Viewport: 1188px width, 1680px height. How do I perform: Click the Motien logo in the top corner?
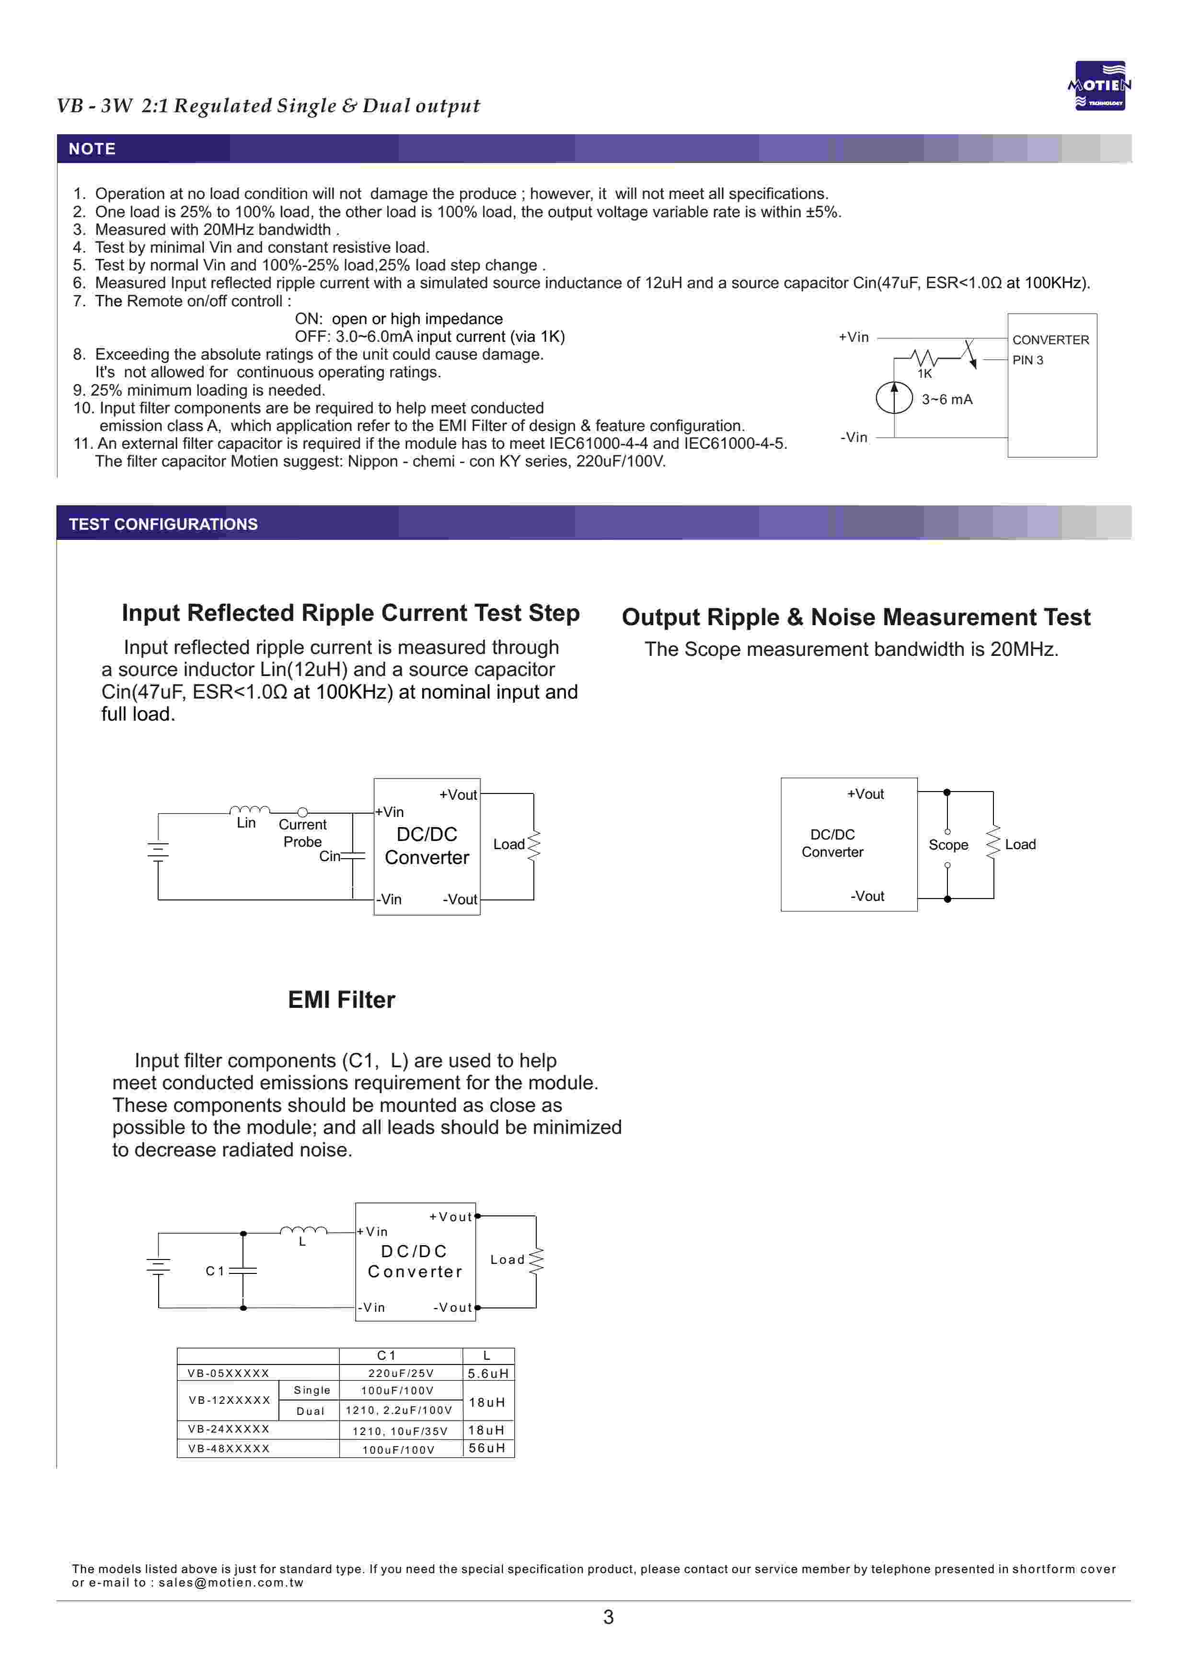click(x=1099, y=86)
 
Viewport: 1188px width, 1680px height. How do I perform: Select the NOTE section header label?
click(x=92, y=149)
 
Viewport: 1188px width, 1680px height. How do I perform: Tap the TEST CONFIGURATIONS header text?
click(x=163, y=524)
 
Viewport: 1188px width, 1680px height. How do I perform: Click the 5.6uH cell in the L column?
click(x=488, y=1374)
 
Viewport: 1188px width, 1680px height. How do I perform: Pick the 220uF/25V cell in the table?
click(x=401, y=1374)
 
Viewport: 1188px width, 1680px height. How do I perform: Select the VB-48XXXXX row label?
click(x=229, y=1449)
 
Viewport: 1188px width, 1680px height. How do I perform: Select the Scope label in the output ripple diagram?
click(x=948, y=845)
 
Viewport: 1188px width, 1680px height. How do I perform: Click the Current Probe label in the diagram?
click(x=302, y=833)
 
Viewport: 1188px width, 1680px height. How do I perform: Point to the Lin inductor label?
click(x=246, y=823)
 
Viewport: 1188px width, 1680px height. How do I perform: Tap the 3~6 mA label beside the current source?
click(x=946, y=399)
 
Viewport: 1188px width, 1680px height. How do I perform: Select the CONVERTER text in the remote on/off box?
click(x=1050, y=340)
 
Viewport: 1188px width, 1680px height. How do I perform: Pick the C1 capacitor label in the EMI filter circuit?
click(x=214, y=1271)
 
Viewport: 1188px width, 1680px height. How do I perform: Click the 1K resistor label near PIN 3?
click(x=924, y=374)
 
